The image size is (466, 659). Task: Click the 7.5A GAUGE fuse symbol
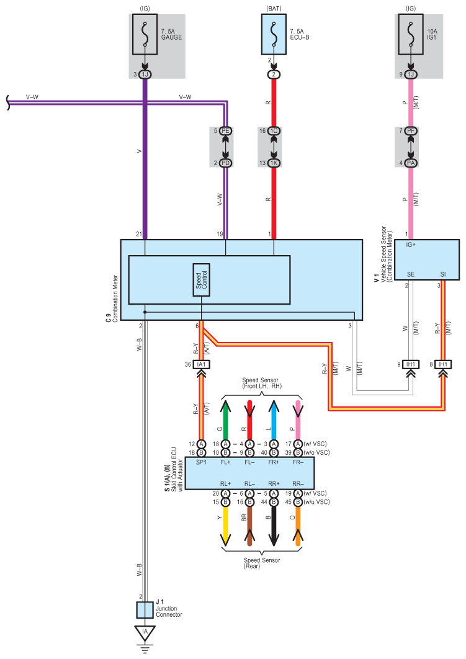145,35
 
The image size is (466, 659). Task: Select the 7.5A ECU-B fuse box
274,35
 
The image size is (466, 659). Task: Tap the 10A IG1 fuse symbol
411,35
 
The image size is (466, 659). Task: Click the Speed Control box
201,280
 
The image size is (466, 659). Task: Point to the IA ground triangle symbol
145,632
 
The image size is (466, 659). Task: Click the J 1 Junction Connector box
145,610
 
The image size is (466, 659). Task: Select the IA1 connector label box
201,364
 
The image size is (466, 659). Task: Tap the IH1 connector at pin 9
411,364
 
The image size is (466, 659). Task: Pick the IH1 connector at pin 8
443,364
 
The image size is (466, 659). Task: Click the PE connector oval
226,131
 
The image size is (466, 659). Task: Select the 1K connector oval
274,163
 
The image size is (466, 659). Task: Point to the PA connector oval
411,163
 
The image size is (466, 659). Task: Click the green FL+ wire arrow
226,420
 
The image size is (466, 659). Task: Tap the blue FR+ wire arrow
274,420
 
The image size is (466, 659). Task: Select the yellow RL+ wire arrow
226,526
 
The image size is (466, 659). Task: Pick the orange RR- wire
298,526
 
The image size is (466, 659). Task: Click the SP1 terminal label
201,462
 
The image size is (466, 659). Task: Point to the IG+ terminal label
411,244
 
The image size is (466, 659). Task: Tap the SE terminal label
411,274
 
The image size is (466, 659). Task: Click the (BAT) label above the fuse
274,9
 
